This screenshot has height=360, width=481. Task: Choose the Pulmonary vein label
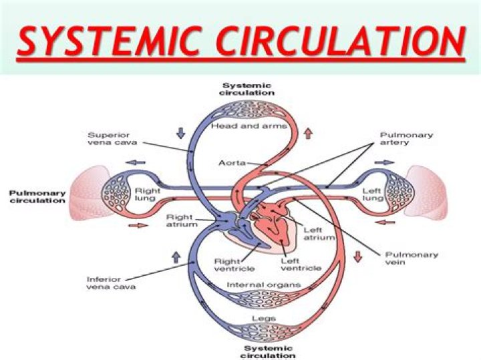point(412,258)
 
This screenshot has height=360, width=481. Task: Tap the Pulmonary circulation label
point(37,196)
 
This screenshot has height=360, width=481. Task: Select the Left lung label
point(371,194)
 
